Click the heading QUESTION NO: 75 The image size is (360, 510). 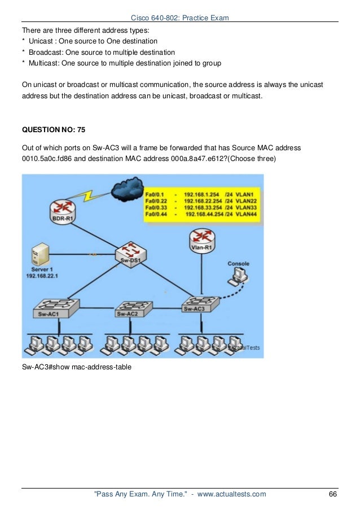pyautogui.click(x=54, y=129)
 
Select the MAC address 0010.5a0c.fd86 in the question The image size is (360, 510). pyautogui.click(x=51, y=159)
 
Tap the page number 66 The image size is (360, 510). pyautogui.click(x=332, y=494)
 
